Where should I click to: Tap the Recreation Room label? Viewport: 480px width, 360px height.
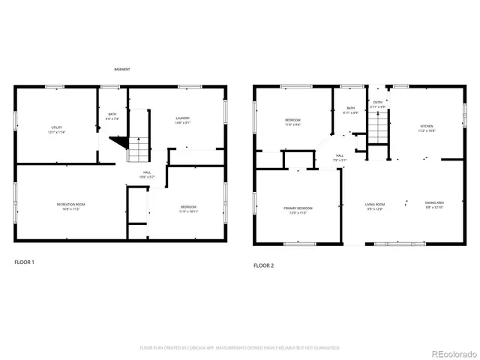tap(71, 206)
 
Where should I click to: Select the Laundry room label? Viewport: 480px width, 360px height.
tap(182, 119)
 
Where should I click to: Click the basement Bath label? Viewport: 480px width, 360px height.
tap(112, 116)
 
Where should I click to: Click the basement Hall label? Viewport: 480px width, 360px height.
tap(148, 175)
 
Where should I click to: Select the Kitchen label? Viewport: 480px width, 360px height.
tap(427, 127)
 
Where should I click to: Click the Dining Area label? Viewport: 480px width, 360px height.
tap(434, 205)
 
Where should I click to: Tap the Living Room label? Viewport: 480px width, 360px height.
tap(375, 206)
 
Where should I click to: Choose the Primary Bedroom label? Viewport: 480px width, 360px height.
tap(298, 210)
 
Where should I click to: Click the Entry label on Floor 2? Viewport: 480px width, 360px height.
tap(378, 105)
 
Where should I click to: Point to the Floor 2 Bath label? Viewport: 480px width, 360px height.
tap(350, 110)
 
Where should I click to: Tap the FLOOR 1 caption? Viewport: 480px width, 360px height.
tap(24, 262)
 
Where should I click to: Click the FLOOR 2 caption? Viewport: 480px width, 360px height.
tap(263, 265)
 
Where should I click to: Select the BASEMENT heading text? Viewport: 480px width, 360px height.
tap(122, 69)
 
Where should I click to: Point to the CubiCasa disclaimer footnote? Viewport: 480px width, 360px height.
tap(240, 348)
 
